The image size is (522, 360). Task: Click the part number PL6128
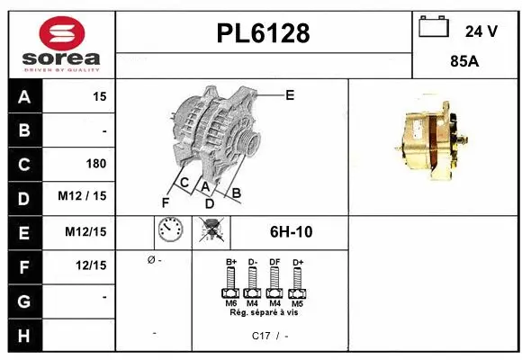pos(264,33)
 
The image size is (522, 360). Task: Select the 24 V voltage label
pos(481,31)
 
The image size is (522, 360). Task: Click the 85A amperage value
pos(463,64)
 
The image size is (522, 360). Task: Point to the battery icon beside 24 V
pos(436,29)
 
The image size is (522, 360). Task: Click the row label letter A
pos(23,96)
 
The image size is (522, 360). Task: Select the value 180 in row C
pos(95,164)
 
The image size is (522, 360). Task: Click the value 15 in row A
pos(99,96)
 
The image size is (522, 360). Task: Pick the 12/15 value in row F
pos(92,265)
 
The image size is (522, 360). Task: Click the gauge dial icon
pos(170,231)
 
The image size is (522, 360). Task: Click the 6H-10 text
pos(291,232)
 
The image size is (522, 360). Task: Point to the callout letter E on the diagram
pos(290,94)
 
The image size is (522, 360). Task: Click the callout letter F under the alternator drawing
pos(166,202)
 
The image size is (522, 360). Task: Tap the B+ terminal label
pos(230,261)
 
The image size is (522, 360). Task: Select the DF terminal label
pos(274,261)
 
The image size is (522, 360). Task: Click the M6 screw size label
pos(230,302)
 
